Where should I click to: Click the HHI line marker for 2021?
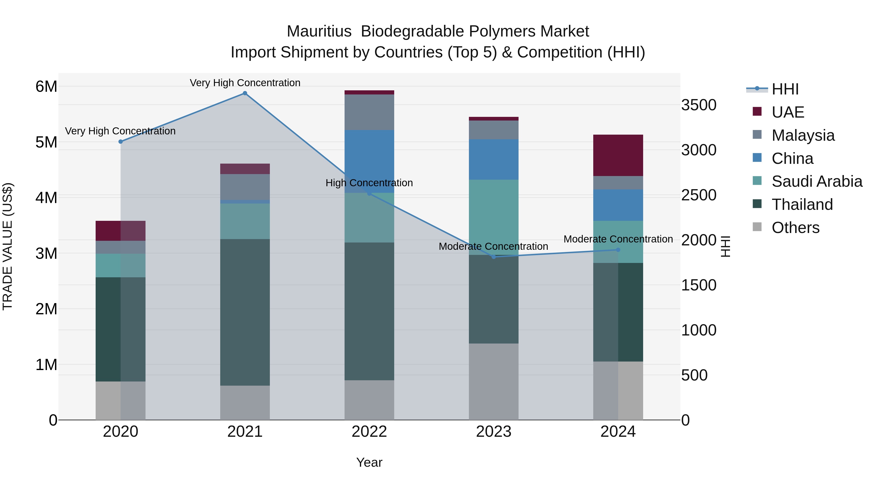point(245,93)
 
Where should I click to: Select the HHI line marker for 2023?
point(494,257)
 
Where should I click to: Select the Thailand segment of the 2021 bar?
point(245,312)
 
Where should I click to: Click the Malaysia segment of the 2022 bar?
point(369,112)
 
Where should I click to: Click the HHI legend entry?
point(785,89)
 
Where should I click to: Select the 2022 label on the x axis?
point(369,432)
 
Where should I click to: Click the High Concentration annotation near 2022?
point(369,183)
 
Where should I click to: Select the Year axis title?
point(369,462)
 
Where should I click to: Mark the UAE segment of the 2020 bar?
point(120,231)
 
